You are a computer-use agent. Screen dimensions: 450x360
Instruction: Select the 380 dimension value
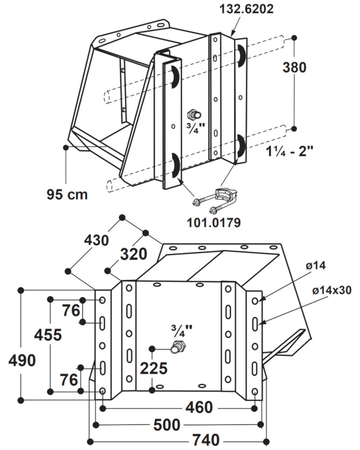click(294, 67)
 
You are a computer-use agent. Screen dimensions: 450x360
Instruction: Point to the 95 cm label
click(67, 194)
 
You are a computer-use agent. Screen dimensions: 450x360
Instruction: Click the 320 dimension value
click(133, 254)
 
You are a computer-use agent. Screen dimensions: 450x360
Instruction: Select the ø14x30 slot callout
click(332, 290)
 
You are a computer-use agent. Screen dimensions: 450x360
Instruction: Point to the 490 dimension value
click(22, 360)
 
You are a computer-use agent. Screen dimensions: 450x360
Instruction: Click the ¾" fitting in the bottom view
click(178, 347)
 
